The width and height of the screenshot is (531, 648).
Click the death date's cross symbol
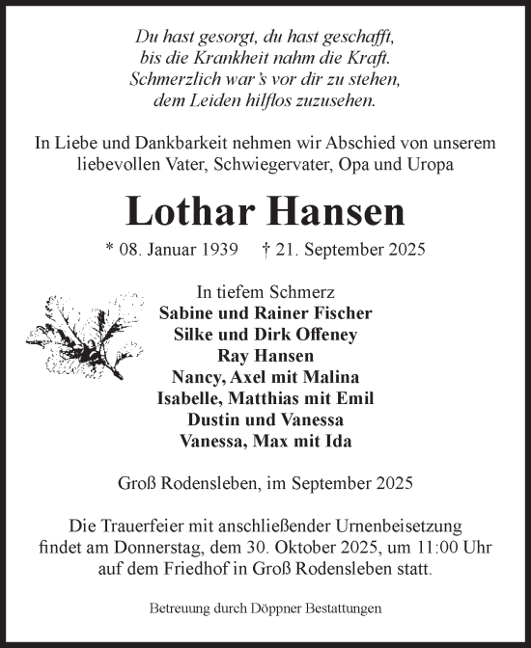(x=266, y=248)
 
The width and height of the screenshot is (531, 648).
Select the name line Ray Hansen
(x=265, y=355)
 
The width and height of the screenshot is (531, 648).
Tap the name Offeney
(x=323, y=334)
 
